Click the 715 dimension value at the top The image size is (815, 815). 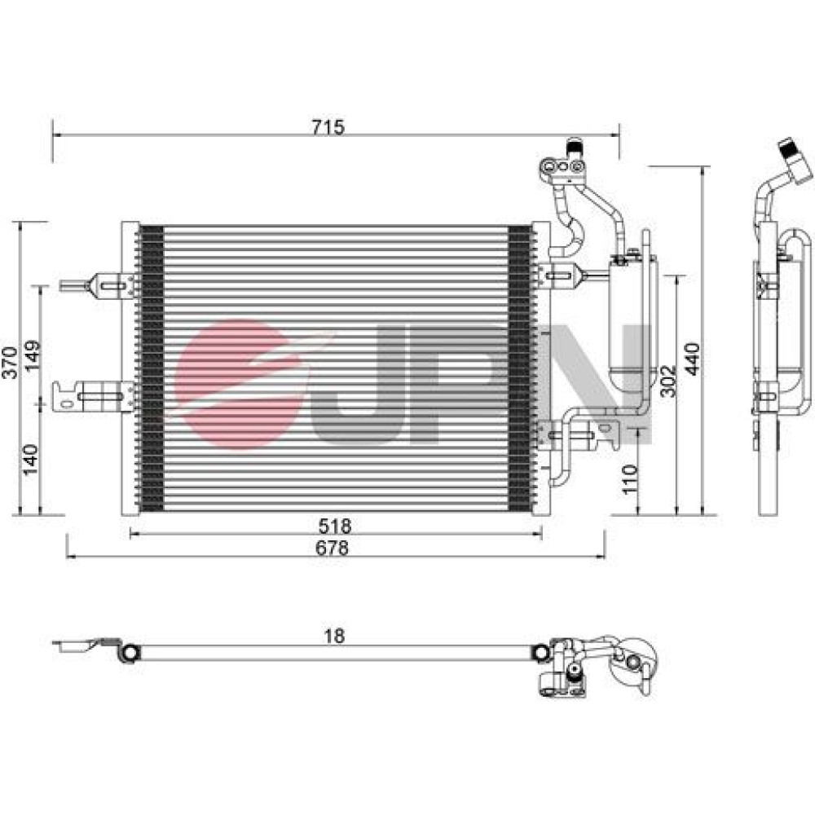click(328, 127)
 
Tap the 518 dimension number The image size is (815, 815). click(335, 526)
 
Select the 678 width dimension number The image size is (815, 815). click(333, 548)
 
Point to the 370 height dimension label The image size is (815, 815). click(11, 363)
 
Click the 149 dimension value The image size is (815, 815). click(32, 355)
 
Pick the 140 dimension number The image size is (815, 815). click(31, 459)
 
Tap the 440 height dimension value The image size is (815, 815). click(692, 359)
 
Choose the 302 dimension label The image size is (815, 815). click(668, 381)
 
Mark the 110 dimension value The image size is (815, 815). click(629, 480)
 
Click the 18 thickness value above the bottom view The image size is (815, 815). click(334, 636)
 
